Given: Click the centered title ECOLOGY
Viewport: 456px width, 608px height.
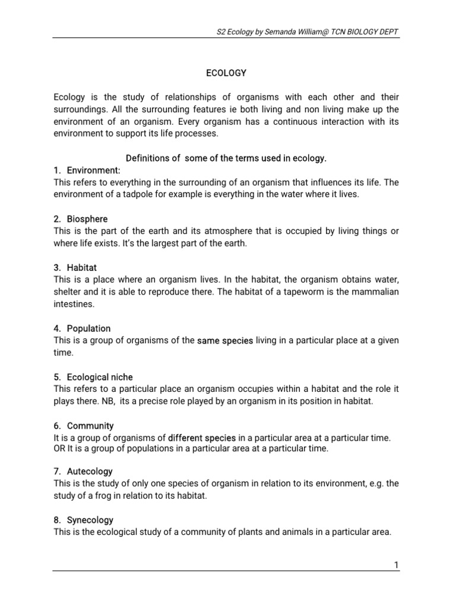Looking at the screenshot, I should click(226, 73).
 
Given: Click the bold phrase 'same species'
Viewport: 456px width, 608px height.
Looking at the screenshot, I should click(225, 340).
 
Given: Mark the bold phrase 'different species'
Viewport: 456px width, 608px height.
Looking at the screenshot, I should click(202, 438).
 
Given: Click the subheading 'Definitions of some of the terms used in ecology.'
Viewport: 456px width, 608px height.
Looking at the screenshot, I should click(226, 159).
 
